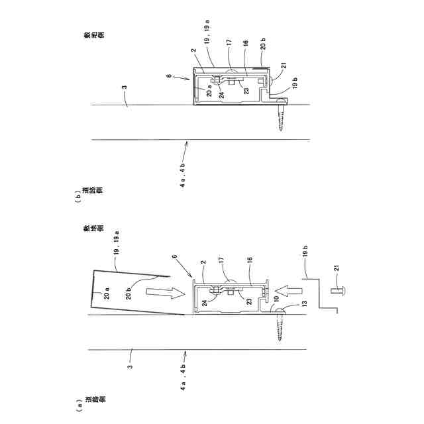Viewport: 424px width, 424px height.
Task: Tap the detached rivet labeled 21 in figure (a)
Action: tap(338, 290)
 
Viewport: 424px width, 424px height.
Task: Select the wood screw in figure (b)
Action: tap(282, 115)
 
